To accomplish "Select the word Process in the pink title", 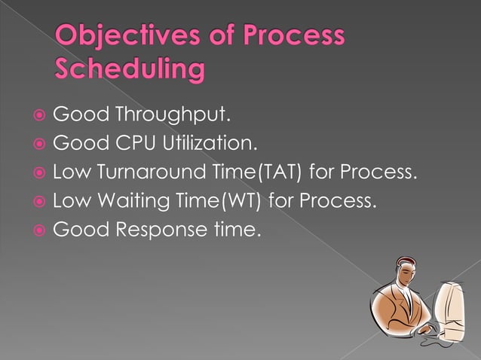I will pos(288,38).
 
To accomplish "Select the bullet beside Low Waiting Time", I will pos(38,201).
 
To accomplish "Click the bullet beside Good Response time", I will pos(38,230).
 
